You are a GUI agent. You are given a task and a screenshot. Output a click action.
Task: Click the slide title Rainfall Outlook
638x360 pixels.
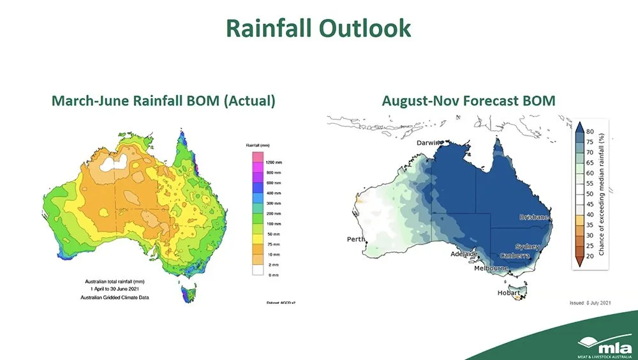318,29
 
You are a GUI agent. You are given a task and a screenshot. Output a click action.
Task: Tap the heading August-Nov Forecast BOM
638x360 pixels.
468,101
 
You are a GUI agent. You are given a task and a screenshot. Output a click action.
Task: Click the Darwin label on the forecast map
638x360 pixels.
430,144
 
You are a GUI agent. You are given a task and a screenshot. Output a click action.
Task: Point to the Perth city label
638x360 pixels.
355,239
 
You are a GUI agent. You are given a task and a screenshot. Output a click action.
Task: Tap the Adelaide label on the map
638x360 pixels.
464,254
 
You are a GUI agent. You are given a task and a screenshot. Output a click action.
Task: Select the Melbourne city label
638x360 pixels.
491,269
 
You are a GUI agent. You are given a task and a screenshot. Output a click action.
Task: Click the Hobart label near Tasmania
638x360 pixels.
510,293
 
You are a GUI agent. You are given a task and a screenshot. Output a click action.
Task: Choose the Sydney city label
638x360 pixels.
528,246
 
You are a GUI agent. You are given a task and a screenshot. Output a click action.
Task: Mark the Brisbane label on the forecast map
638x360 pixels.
533,217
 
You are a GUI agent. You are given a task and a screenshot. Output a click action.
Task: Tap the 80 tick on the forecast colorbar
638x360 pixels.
590,131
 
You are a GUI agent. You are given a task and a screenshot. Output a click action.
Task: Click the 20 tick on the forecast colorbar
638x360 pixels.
590,255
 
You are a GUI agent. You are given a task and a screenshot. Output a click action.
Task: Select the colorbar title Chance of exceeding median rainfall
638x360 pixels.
602,193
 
